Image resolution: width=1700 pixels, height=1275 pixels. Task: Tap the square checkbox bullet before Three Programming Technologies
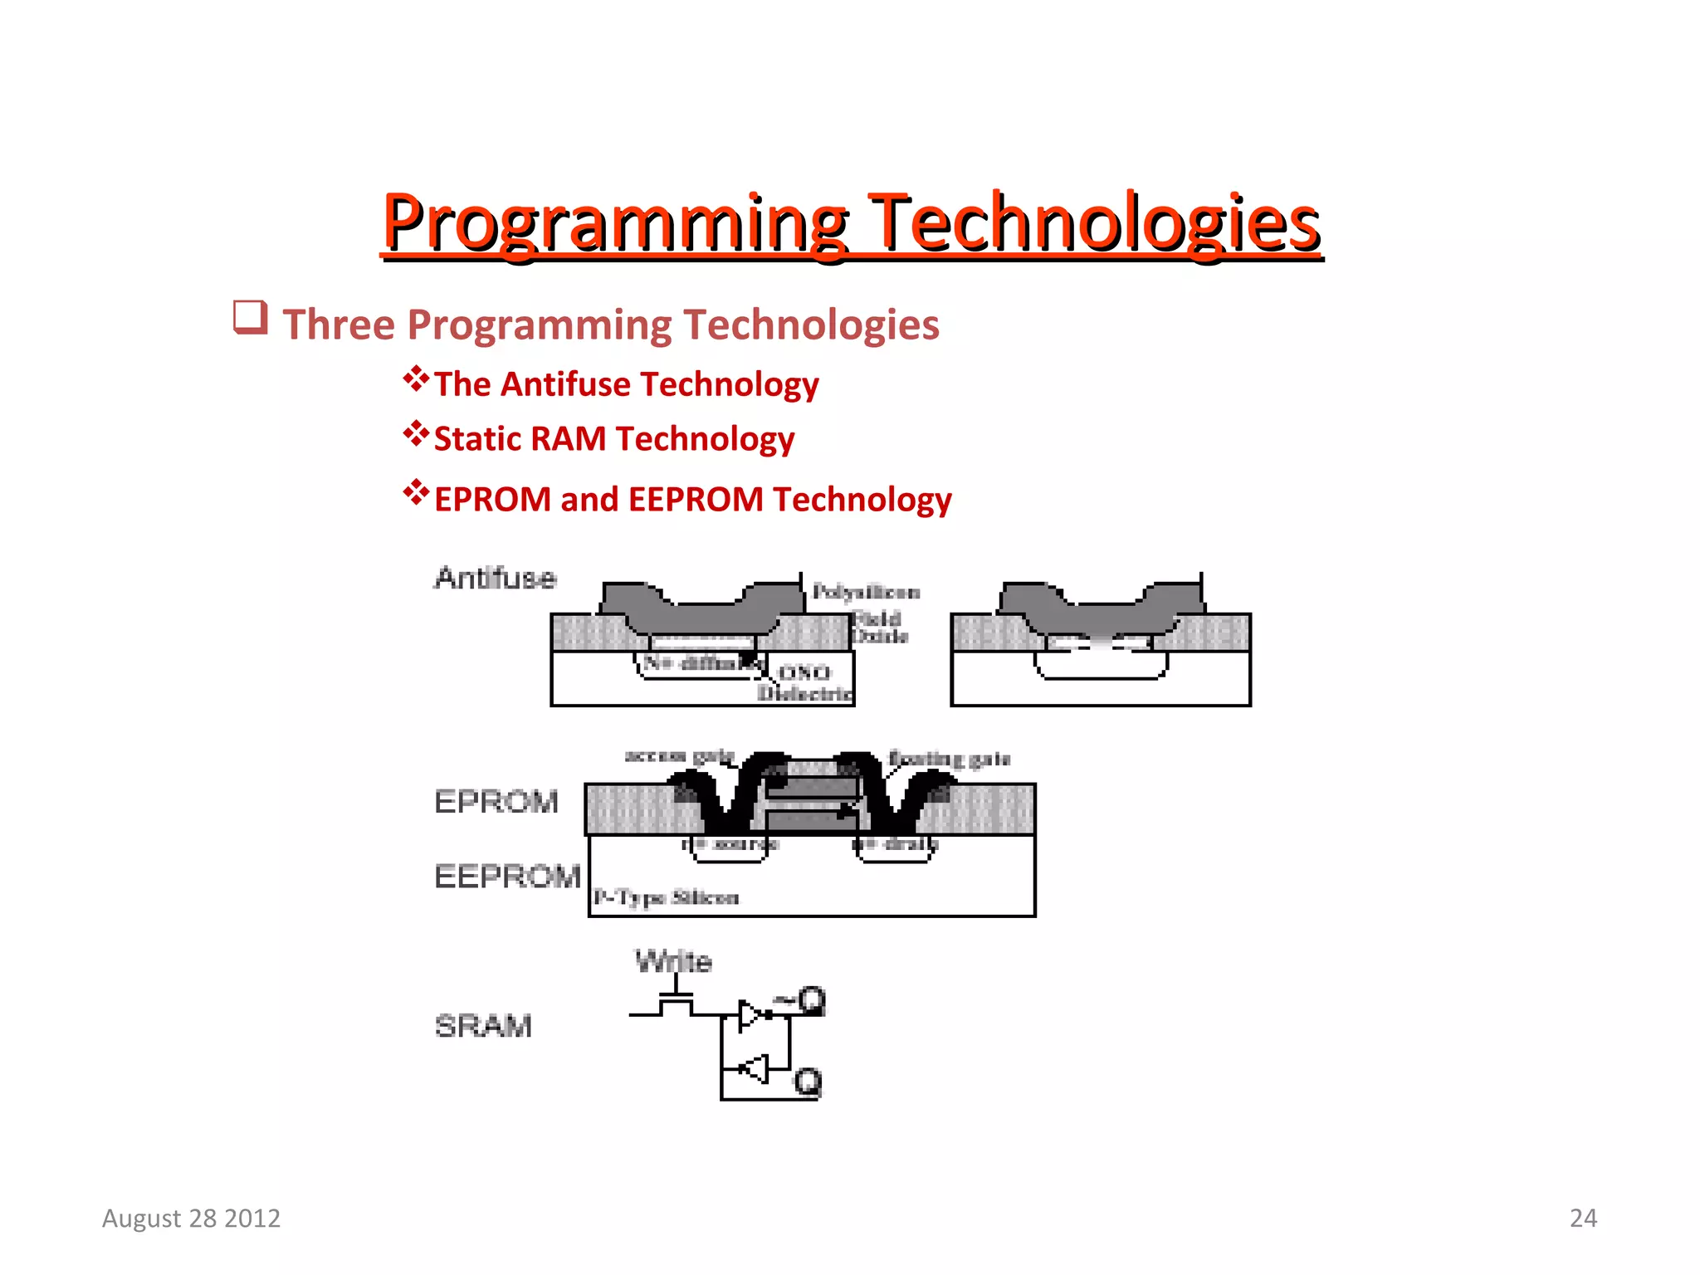[x=250, y=318]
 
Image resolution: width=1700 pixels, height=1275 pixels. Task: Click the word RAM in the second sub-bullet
[x=568, y=439]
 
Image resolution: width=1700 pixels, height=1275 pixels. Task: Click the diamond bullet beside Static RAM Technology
[x=416, y=434]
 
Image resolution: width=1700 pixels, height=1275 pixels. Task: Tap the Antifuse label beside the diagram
[x=495, y=578]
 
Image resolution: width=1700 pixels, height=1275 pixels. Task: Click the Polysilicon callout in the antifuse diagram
[x=866, y=592]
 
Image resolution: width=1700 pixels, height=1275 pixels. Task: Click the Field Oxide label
[x=880, y=628]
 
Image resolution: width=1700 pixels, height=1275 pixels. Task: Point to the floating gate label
[x=949, y=758]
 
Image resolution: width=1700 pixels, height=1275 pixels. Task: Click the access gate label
[x=679, y=755]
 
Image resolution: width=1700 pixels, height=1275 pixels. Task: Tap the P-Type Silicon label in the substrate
[x=666, y=897]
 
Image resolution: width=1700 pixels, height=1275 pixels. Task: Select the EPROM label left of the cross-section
[x=496, y=802]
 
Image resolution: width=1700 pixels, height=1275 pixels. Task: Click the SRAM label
[x=483, y=1026]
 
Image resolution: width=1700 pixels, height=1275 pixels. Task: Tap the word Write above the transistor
[x=673, y=961]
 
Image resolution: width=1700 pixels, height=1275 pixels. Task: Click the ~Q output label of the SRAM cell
[x=801, y=1000]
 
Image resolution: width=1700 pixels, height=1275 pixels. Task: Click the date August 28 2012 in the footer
[x=191, y=1218]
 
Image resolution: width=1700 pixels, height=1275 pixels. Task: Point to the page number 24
[x=1583, y=1218]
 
